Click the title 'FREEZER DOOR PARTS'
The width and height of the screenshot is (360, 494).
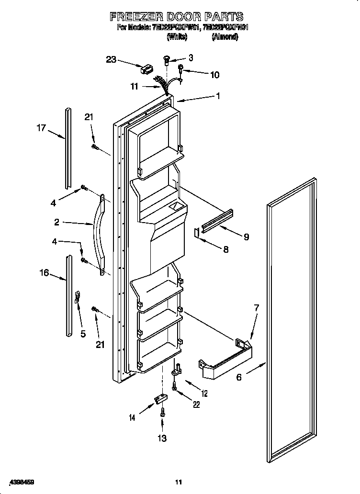point(177,17)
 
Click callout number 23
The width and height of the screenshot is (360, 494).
point(111,59)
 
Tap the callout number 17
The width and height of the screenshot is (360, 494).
point(42,128)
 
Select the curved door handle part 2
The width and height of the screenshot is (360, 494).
point(99,235)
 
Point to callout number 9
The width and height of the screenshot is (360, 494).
point(246,236)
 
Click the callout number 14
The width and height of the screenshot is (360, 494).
point(132,418)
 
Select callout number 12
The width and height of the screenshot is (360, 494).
point(204,393)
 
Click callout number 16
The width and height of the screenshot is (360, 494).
point(44,272)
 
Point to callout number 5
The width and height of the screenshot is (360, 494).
point(83,334)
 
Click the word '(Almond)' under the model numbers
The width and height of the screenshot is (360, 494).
point(225,37)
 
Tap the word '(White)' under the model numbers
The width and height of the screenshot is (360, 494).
point(177,37)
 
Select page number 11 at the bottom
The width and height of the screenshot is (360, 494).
point(179,482)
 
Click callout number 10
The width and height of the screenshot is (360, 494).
point(214,75)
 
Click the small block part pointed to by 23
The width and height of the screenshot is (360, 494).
point(144,70)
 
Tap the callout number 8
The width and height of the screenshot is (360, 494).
point(225,249)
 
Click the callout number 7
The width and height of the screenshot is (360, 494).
point(256,308)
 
